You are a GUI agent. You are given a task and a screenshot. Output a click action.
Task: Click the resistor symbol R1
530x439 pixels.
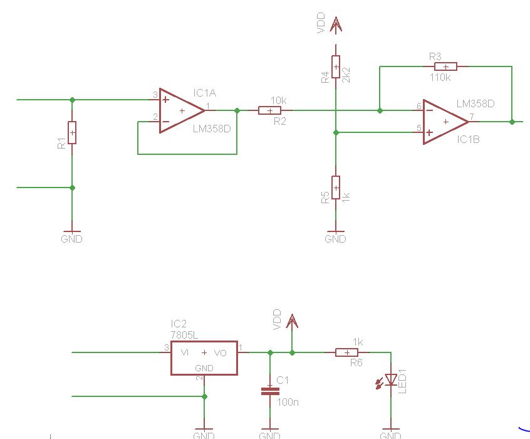[72, 132]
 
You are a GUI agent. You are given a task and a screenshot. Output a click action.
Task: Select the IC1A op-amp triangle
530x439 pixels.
[182, 110]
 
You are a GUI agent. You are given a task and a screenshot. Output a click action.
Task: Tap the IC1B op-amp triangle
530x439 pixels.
[445, 122]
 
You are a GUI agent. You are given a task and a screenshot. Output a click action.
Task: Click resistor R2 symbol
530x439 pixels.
[270, 110]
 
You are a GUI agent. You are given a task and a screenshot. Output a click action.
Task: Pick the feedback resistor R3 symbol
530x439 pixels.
[445, 66]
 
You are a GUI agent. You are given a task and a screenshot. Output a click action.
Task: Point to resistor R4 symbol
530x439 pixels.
[336, 66]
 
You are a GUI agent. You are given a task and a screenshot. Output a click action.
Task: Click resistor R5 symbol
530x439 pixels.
[336, 188]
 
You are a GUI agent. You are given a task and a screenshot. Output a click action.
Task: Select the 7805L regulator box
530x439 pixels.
[204, 358]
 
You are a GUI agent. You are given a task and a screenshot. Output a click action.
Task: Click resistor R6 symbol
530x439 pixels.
[347, 352]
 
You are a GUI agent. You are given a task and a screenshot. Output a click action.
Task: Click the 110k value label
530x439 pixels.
[440, 78]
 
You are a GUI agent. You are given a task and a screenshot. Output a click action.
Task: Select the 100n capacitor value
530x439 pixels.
[288, 401]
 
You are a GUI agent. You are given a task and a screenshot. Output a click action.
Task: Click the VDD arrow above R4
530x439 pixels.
[336, 25]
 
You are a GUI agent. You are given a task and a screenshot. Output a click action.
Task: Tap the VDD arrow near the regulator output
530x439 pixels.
[292, 322]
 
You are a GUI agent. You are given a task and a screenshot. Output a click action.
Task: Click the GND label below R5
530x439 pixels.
[336, 239]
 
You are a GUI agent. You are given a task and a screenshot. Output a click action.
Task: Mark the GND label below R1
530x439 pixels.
[72, 239]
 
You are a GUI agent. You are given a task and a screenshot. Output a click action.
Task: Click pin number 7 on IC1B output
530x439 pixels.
[471, 117]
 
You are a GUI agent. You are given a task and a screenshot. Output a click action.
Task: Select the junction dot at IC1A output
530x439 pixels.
[237, 110]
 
